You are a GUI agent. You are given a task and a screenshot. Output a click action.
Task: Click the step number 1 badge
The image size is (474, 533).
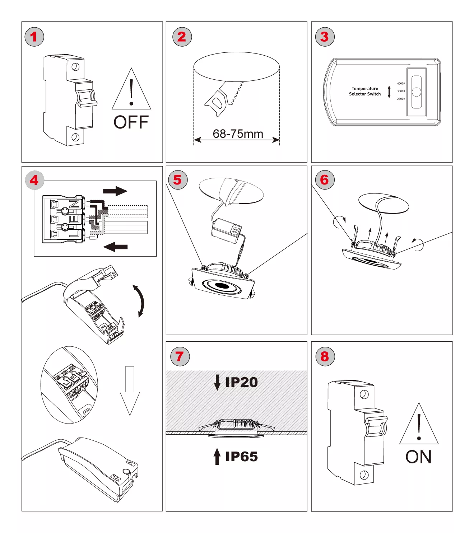click(x=34, y=37)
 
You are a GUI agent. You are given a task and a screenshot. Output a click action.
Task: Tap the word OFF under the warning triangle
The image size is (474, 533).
click(x=131, y=122)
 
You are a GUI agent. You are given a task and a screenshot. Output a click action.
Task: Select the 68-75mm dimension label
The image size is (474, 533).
click(x=238, y=134)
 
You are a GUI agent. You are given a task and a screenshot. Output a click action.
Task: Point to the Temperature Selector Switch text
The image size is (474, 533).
click(x=365, y=91)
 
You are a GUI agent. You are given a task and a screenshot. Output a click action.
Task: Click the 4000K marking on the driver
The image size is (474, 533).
click(x=401, y=84)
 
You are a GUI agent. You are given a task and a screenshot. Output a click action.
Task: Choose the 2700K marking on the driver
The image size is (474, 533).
click(x=401, y=99)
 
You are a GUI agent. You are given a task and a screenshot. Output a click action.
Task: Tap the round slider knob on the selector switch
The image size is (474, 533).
click(x=417, y=92)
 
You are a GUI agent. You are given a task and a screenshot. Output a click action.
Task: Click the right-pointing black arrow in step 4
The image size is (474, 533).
click(x=115, y=191)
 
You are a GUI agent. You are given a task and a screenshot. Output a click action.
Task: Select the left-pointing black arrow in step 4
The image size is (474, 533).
click(x=115, y=247)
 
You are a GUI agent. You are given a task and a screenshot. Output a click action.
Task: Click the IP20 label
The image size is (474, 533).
click(x=241, y=382)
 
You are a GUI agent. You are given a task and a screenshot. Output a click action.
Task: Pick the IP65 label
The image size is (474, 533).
click(x=241, y=457)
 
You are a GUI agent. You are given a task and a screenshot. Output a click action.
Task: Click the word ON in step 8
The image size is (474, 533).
click(x=418, y=457)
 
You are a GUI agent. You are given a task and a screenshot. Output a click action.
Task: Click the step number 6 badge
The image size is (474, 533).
click(x=325, y=180)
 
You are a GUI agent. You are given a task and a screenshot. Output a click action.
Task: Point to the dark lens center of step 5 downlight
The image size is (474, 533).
click(x=223, y=286)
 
